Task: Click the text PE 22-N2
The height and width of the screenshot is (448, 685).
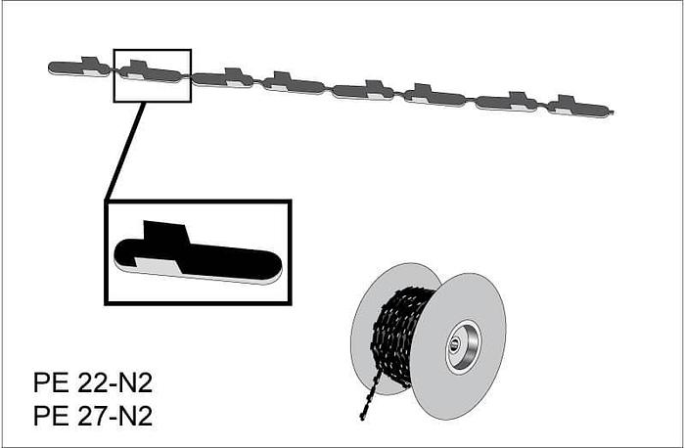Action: [x=93, y=381]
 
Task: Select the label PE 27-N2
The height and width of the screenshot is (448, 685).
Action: [x=93, y=416]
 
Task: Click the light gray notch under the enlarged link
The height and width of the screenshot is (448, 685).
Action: [x=157, y=264]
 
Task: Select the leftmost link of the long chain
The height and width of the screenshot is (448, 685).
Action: [x=78, y=67]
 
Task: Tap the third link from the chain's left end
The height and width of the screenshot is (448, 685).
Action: [x=223, y=78]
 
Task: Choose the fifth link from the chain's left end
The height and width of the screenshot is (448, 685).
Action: [x=363, y=91]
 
